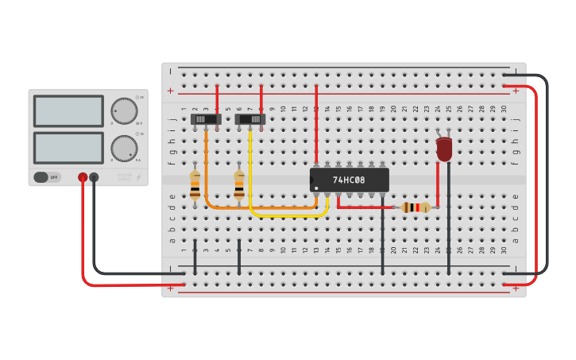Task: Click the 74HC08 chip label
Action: click(349, 180)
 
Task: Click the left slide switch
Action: click(206, 119)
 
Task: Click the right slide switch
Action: click(250, 119)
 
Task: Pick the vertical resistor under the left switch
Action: click(195, 184)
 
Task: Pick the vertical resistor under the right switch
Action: click(239, 184)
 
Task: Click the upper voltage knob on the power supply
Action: click(124, 111)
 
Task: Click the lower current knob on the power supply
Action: click(124, 148)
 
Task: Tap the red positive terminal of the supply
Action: click(83, 177)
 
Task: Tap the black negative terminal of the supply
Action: click(94, 177)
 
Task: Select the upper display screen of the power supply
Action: click(68, 111)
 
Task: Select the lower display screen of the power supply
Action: click(68, 148)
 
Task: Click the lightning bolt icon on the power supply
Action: click(140, 177)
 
